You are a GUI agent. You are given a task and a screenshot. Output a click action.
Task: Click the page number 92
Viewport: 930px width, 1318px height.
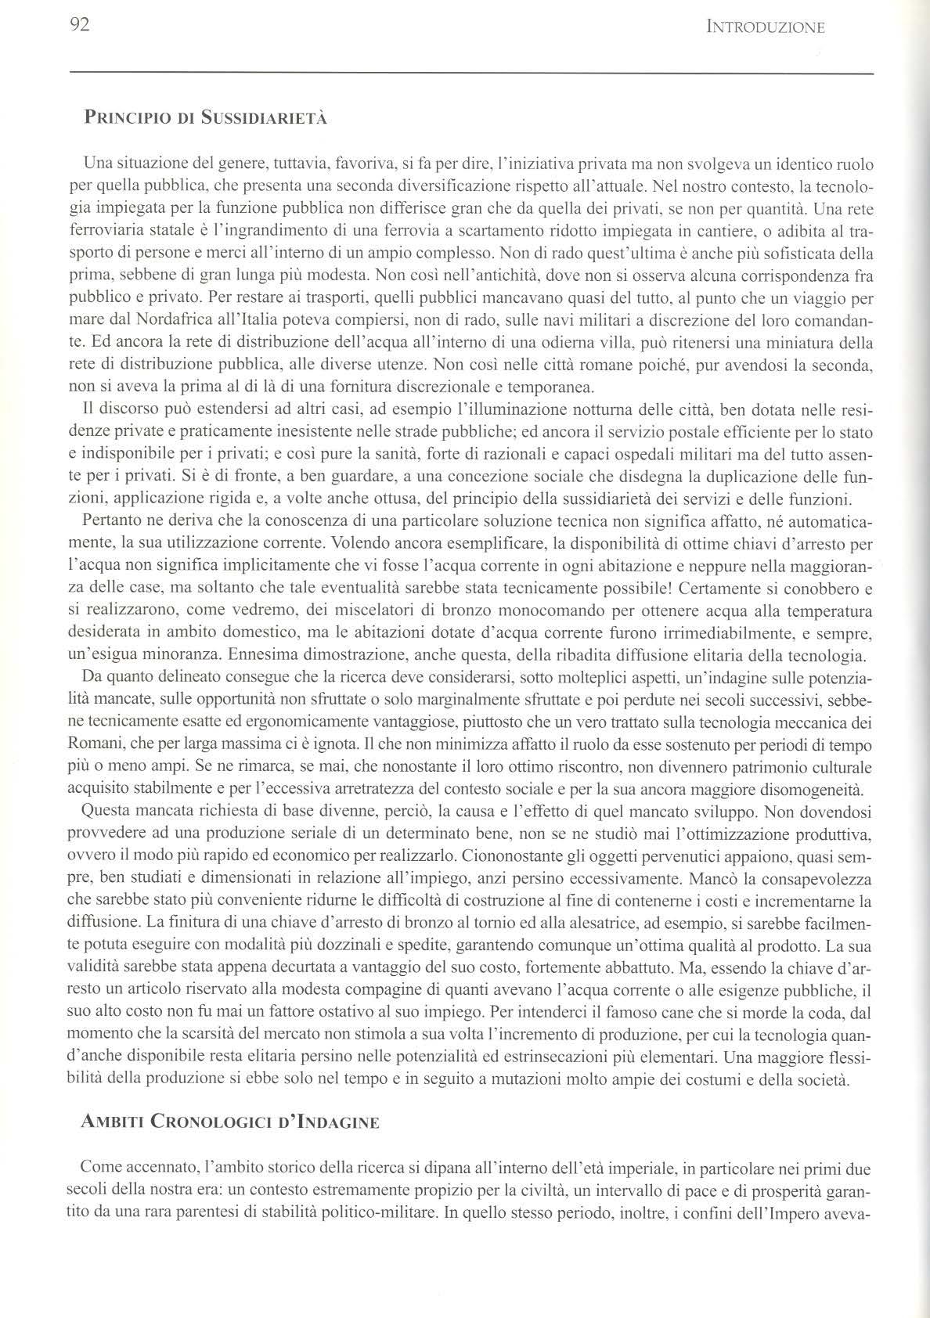[x=81, y=25]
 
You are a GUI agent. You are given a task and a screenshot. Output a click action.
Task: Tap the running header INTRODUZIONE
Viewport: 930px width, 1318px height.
[x=765, y=28]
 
